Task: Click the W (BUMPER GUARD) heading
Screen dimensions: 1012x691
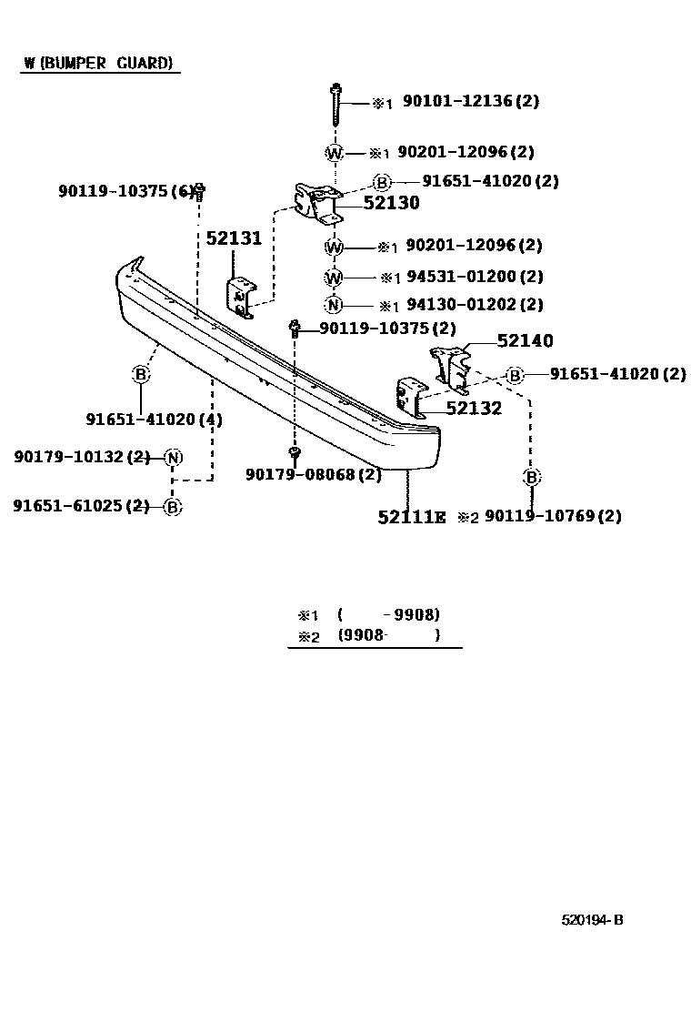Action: click(98, 64)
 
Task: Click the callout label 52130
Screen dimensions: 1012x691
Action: click(391, 203)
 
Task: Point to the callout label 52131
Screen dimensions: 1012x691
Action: click(233, 239)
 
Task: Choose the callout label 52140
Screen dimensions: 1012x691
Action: click(525, 341)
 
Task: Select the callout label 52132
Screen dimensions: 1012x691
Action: click(473, 409)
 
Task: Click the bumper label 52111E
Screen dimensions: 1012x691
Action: click(412, 517)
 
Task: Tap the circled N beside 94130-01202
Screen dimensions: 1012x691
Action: click(334, 305)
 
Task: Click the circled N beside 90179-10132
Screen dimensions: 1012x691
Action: click(174, 457)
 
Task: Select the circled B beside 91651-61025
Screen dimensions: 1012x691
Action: click(173, 507)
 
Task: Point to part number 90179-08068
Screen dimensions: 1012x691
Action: click(313, 474)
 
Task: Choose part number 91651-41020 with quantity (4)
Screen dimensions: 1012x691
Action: click(154, 420)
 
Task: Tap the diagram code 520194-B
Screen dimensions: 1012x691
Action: click(591, 919)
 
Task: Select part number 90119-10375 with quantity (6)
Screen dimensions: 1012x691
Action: click(126, 191)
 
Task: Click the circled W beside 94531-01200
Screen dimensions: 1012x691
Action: click(334, 277)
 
